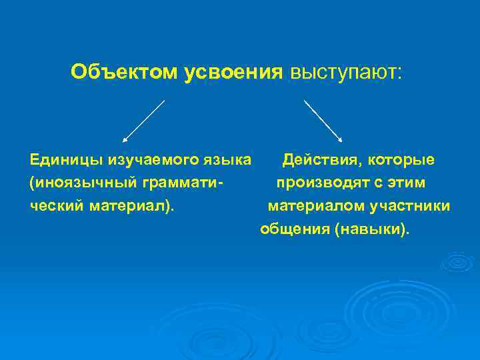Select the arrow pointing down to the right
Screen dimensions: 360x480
(x=323, y=121)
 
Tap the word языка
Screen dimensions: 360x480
(x=227, y=160)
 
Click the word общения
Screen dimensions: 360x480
(x=294, y=229)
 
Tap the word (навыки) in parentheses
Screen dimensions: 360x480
(x=373, y=229)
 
